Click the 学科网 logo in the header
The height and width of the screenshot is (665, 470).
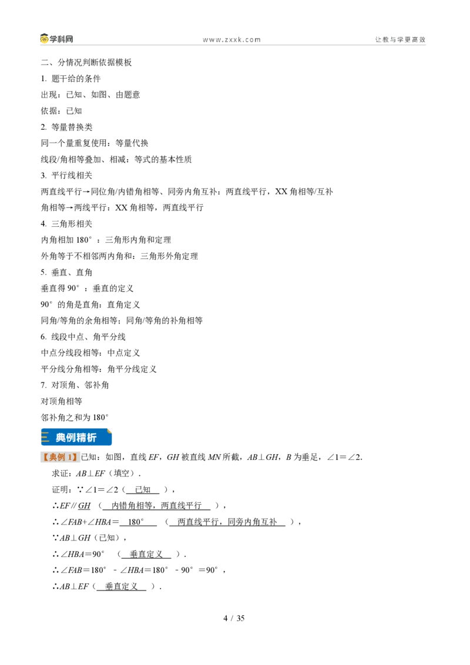[57, 39]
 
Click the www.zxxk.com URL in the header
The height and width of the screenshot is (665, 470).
[231, 40]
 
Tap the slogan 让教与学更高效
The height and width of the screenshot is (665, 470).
[400, 39]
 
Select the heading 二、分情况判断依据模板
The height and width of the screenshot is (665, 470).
[86, 62]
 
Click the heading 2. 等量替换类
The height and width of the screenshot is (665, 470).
[66, 127]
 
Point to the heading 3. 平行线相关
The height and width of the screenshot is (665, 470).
[66, 175]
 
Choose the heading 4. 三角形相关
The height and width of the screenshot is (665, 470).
[66, 223]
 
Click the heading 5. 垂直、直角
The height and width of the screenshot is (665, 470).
[66, 272]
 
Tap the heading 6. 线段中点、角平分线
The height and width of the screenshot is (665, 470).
[83, 337]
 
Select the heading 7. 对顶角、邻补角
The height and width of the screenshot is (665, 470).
[75, 385]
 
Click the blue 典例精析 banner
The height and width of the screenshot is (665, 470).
[76, 437]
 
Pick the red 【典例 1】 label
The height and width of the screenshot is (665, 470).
[60, 457]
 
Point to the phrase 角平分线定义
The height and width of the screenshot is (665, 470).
[132, 369]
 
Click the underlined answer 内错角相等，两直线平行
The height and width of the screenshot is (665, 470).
[156, 506]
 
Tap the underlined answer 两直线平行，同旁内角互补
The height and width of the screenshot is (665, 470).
[227, 522]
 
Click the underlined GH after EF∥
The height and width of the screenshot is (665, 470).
[84, 506]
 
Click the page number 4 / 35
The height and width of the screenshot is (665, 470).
[234, 618]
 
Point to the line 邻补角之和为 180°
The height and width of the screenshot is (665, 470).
[75, 417]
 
